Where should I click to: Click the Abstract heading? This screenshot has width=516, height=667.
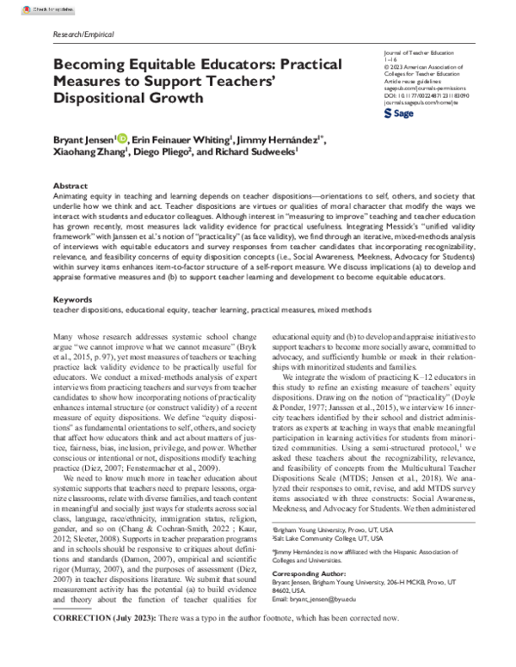click(70, 186)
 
